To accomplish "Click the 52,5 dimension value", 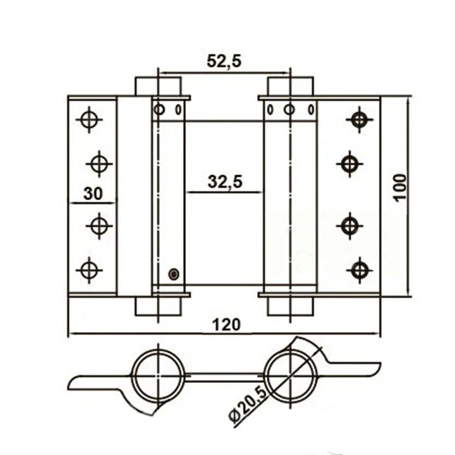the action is pos(224,62).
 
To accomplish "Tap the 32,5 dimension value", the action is pos(225,182).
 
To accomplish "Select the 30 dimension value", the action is pos(93,193).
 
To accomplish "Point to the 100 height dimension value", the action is pos(400,187).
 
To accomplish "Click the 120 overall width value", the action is pos(226,325).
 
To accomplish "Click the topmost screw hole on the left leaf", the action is pos(89,120).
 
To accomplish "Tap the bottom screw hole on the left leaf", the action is pos(89,270).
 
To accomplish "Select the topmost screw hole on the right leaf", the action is pos(359,120).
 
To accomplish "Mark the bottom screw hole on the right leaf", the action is pos(359,270).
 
